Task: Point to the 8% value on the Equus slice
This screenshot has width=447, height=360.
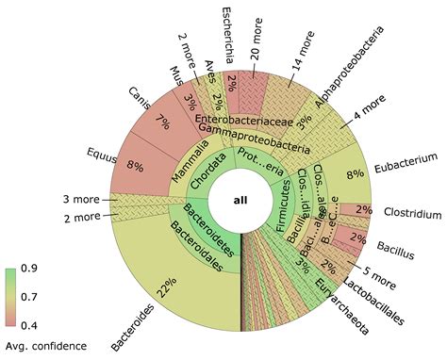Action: pyautogui.click(x=135, y=166)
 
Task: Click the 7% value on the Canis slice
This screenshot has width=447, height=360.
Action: pyautogui.click(x=163, y=122)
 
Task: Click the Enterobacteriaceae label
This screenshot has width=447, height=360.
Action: pyautogui.click(x=241, y=121)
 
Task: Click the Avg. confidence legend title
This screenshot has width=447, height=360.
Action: pyautogui.click(x=47, y=345)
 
